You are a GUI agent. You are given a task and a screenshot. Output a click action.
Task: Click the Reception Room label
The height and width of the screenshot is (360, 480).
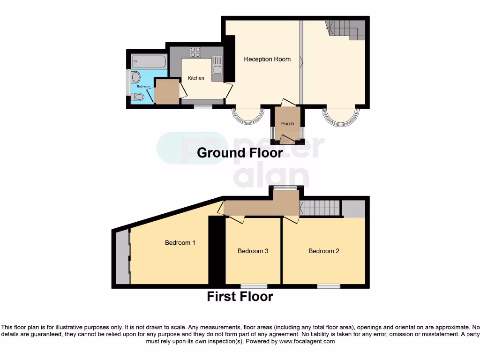point(267,59)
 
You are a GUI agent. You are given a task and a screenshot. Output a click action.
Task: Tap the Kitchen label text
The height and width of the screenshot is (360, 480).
point(196,78)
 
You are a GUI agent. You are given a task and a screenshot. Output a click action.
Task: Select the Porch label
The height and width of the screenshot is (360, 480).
point(287,124)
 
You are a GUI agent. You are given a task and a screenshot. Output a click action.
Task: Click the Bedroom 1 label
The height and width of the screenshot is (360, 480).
point(180,243)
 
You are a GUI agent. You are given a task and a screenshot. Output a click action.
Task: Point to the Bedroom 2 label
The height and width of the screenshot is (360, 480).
point(323,251)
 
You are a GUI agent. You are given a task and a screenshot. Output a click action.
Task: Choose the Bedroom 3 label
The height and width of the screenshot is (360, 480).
point(253,251)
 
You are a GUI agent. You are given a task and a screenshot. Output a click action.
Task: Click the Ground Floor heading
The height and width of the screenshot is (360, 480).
point(240,153)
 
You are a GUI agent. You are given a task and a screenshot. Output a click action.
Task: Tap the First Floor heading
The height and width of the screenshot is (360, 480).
point(240,296)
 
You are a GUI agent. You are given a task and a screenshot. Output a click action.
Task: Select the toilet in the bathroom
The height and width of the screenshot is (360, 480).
point(137,97)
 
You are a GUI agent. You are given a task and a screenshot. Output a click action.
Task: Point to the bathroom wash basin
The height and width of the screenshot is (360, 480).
point(135,77)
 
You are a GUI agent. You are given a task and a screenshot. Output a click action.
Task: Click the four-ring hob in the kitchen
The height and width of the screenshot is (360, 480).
point(195,52)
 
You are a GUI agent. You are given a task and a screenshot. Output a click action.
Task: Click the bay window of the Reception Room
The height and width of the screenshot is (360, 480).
point(248,117)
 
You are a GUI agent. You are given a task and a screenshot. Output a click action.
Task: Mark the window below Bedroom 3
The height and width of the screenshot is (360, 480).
point(254,286)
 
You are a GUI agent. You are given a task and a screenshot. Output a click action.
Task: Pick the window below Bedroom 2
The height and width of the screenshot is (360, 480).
point(329,286)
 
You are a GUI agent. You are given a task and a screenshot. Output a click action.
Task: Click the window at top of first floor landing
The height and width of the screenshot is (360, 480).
point(285,188)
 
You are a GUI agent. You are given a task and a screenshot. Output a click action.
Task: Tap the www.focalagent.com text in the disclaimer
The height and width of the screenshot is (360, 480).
point(307,342)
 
